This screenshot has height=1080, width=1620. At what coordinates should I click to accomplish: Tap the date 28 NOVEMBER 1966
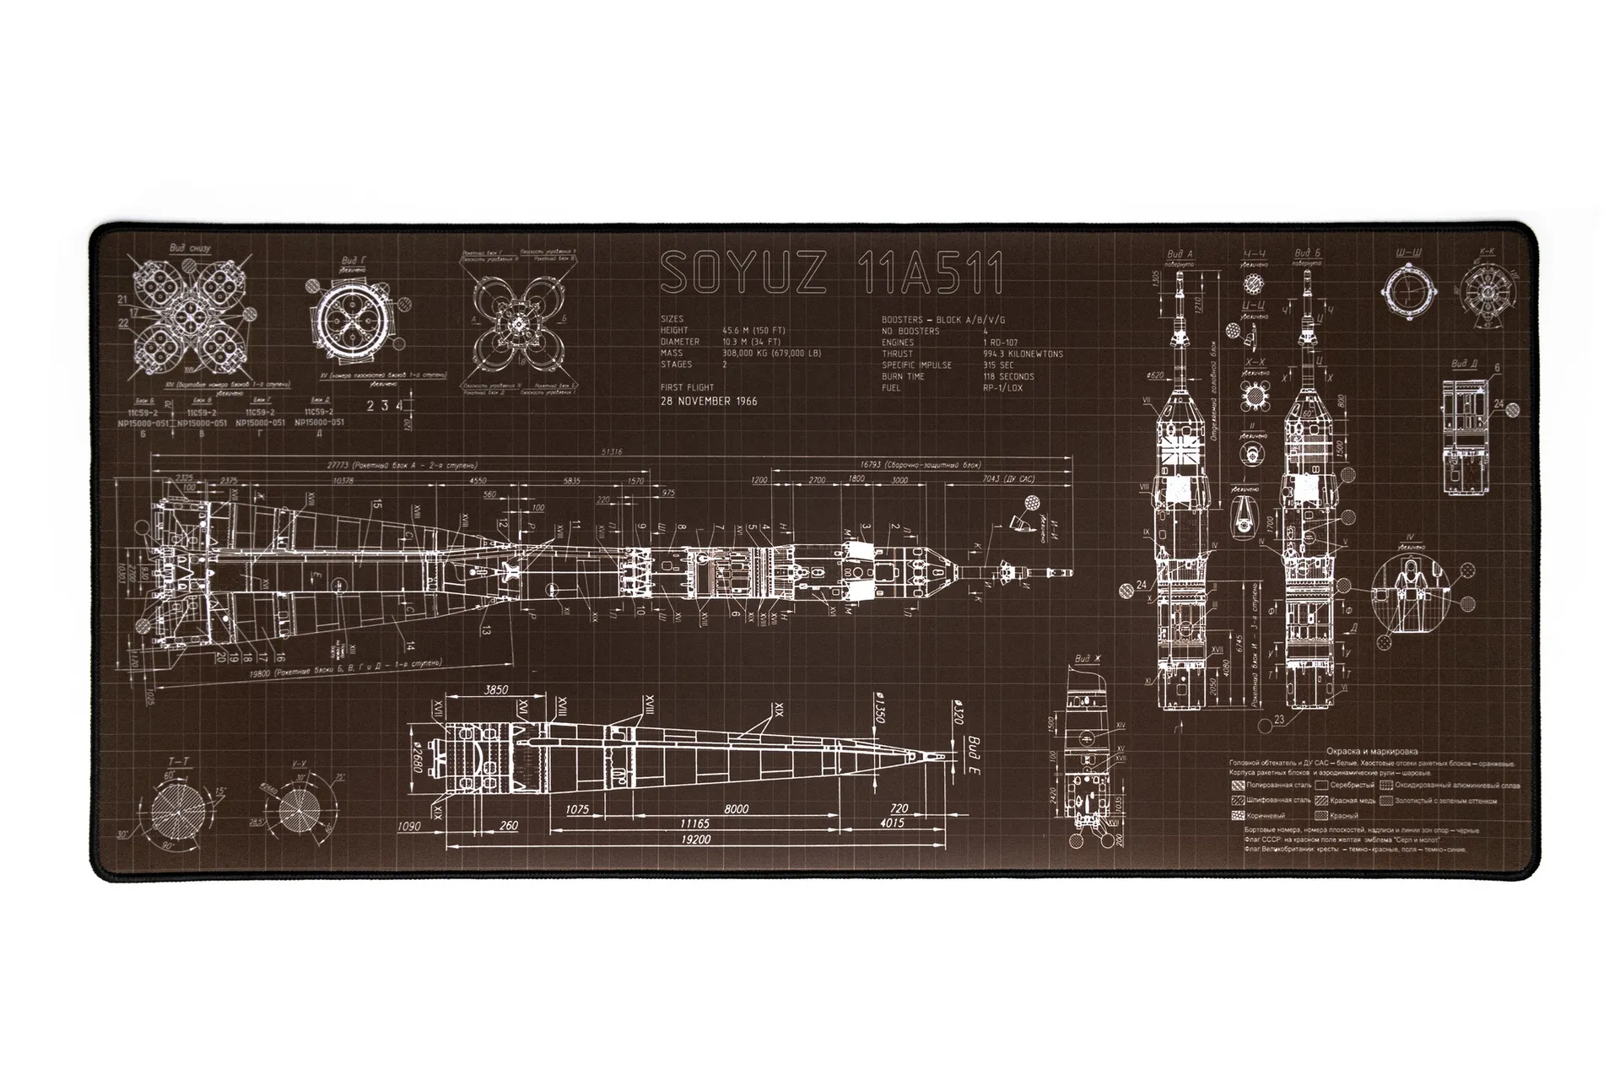click(x=709, y=402)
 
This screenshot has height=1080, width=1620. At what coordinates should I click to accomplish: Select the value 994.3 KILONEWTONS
click(x=1023, y=354)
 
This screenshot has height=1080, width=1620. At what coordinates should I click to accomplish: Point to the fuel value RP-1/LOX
click(x=1002, y=388)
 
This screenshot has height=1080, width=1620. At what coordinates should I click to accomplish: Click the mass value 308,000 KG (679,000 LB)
click(x=771, y=354)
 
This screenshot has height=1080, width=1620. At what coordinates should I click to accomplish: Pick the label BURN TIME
click(x=904, y=376)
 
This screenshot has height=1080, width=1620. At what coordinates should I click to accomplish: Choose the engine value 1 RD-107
click(x=1001, y=343)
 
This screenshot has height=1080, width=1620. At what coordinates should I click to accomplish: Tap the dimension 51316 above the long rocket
click(x=612, y=452)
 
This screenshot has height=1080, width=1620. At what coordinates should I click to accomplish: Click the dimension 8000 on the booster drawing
click(x=736, y=809)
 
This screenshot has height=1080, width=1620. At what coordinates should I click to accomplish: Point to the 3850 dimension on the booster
click(x=496, y=690)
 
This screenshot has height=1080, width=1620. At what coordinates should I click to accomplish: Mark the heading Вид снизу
click(x=190, y=248)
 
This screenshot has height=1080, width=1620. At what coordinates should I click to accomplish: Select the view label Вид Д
click(x=1464, y=364)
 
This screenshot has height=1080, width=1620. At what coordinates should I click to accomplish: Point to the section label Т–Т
click(x=177, y=761)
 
